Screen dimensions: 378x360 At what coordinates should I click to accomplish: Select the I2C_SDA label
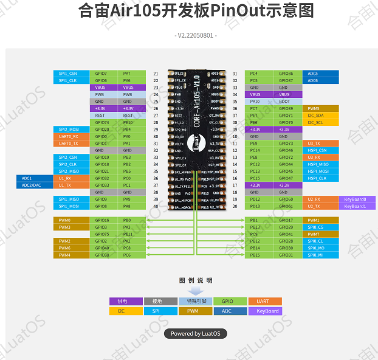[317, 116]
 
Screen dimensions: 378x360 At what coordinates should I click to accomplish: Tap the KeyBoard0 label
[356, 199]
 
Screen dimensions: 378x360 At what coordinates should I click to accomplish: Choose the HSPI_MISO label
[318, 164]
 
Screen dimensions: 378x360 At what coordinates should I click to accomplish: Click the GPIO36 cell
[285, 74]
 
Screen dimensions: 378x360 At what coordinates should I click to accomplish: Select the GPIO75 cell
[101, 234]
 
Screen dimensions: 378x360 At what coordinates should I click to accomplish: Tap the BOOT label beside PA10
[284, 102]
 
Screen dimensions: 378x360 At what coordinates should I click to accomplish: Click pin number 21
[156, 74]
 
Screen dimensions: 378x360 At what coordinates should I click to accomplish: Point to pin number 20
[235, 206]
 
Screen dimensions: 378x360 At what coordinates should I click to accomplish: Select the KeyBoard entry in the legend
[265, 311]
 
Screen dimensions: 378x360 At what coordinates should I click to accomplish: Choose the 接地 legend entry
[160, 301]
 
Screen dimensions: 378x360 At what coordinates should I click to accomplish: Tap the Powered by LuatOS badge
[195, 333]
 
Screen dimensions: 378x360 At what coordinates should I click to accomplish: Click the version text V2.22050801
[196, 36]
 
